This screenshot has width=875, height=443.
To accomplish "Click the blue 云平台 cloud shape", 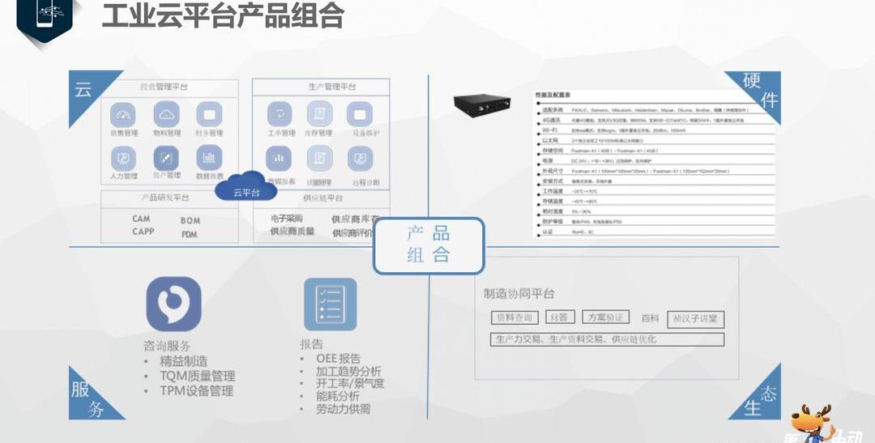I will pos(245,187).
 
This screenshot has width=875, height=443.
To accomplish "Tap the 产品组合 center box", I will pos(429,245).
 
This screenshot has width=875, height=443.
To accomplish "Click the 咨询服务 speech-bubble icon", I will pos(173,305).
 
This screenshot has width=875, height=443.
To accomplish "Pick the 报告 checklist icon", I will pos(330,305).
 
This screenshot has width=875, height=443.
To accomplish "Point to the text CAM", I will pos(142,219).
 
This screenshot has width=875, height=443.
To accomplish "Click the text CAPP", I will pos(143,232).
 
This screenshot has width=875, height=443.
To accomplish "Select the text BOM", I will pos(190,220).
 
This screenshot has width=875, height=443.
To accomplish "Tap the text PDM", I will pos(190,234).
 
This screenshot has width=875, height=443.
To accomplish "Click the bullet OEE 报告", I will pos(339,359).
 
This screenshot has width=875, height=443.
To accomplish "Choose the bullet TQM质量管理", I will pos(197,376).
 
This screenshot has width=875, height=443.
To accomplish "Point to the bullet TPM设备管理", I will pos(196,390).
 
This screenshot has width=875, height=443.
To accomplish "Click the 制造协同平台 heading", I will pos(519,293).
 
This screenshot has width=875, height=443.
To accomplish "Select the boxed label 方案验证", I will pos(607,318).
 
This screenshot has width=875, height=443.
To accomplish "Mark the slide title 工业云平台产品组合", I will pos(223,15).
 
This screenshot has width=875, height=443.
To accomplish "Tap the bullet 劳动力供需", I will pos(344,410).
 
